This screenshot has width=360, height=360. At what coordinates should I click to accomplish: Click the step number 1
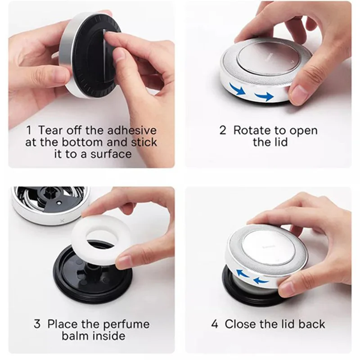click(x=29, y=130)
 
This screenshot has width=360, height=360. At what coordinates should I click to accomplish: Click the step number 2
click(x=223, y=130)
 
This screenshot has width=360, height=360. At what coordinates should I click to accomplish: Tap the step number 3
click(x=37, y=324)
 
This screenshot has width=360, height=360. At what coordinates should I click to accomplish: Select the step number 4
click(x=215, y=324)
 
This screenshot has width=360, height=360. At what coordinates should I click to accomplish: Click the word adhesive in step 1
click(x=132, y=130)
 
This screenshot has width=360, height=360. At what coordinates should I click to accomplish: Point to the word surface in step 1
click(x=111, y=153)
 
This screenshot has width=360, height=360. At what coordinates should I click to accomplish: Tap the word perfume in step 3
click(x=126, y=324)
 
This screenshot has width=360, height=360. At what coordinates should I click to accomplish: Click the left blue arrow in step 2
click(x=238, y=89)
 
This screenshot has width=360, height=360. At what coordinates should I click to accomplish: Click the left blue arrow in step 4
click(x=243, y=273)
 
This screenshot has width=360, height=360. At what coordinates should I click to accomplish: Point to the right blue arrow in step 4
click(x=261, y=280)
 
